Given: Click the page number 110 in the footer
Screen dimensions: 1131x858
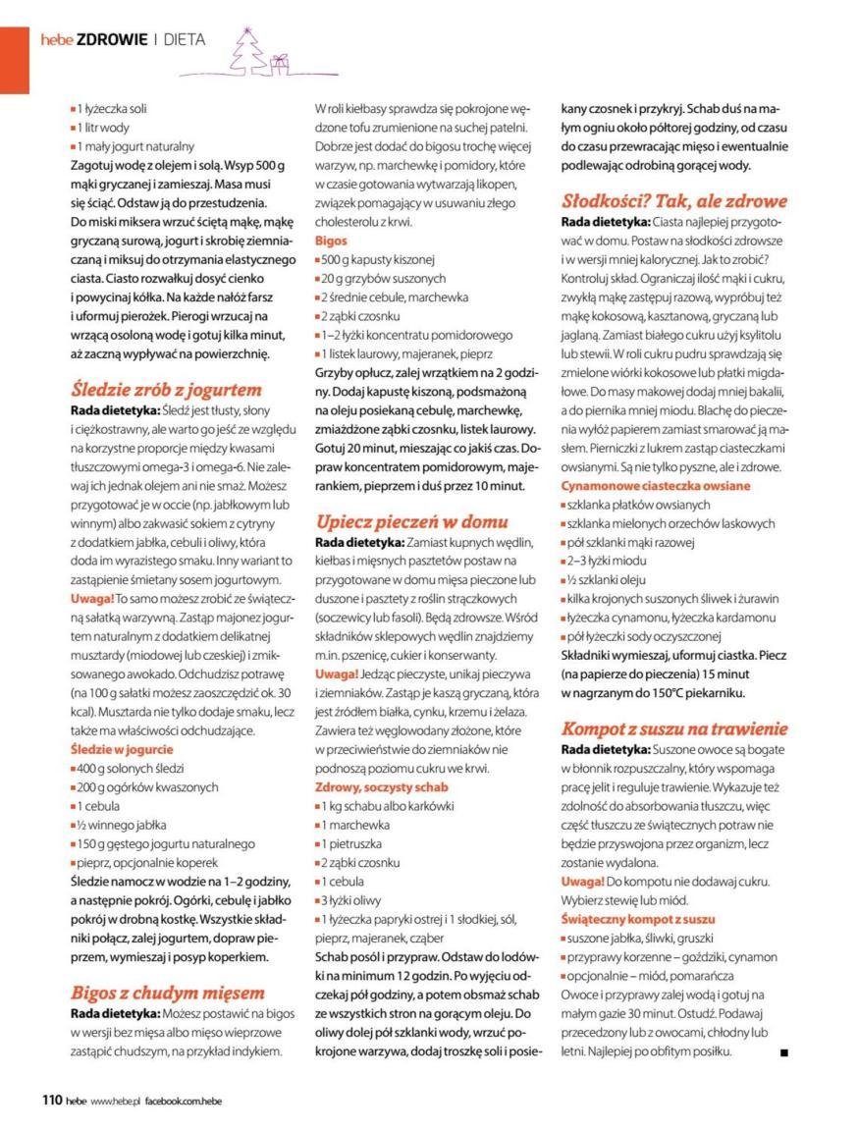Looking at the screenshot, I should click(51, 1101).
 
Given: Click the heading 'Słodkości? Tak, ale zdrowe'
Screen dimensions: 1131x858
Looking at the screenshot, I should click(673, 201).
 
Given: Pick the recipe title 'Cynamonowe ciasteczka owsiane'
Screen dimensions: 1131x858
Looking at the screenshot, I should click(655, 485).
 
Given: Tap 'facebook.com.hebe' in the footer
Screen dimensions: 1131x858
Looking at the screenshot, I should click(183, 1102).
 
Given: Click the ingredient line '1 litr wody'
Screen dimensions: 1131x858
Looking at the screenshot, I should click(104, 128).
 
